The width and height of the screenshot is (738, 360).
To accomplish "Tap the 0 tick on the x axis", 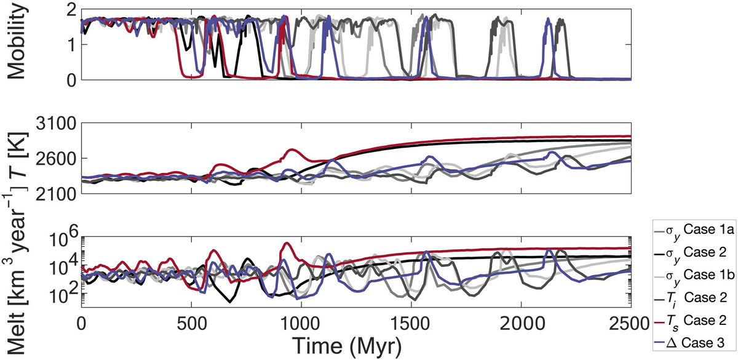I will [x=81, y=323].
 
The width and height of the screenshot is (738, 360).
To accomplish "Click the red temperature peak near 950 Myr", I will [x=291, y=150].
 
